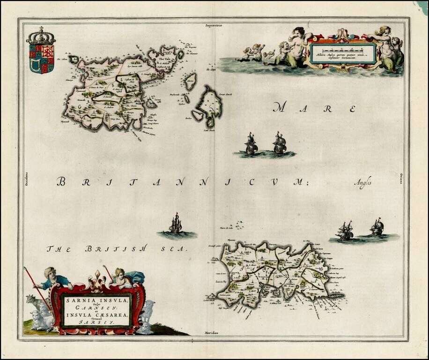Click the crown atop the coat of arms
tap(41, 36)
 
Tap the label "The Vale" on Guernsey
tap(165, 59)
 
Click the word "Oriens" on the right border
tap(401, 178)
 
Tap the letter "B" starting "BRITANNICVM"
tap(61, 181)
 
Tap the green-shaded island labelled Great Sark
tap(209, 105)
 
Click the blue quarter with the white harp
tap(34, 66)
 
